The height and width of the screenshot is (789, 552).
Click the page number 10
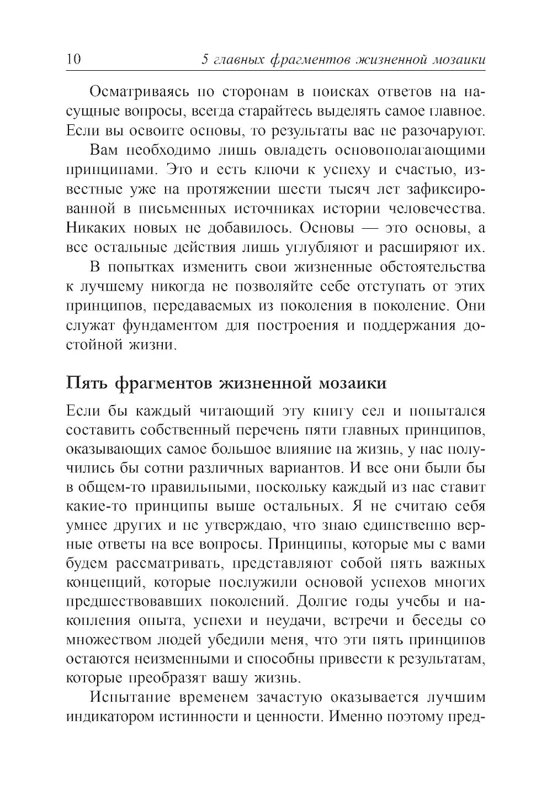(73, 59)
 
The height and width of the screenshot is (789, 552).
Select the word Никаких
(96, 228)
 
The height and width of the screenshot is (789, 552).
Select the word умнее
(86, 527)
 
